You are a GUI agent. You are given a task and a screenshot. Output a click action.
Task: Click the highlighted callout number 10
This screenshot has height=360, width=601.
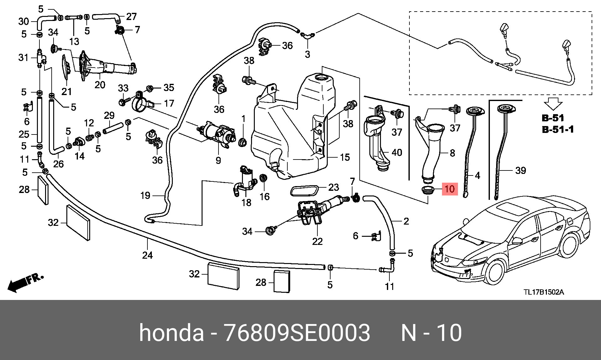pos(449,189)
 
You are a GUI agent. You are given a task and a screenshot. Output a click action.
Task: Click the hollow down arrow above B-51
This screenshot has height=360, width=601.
pos(553,104)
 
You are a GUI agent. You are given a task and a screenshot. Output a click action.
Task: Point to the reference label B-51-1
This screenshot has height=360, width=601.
pos(558,129)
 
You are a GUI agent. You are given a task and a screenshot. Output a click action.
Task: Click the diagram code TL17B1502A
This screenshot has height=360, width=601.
pos(544,292)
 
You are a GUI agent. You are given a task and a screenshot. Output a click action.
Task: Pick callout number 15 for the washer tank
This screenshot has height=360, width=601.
pos(345,157)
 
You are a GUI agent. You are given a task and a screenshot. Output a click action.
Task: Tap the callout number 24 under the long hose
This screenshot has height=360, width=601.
pos(147,255)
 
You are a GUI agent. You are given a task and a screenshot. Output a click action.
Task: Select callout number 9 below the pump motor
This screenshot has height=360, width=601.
pos(218,160)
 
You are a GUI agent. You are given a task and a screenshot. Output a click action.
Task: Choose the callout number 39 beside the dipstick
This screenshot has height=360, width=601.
pos(521,170)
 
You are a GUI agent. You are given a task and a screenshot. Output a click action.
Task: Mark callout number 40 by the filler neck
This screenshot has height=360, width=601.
pos(397,152)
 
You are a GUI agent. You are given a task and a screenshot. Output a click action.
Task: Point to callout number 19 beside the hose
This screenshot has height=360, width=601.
pos(145,195)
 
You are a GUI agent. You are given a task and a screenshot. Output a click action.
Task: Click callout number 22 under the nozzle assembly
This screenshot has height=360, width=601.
pos(317,241)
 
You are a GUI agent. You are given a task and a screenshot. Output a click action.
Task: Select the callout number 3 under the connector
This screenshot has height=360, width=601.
pos(307,54)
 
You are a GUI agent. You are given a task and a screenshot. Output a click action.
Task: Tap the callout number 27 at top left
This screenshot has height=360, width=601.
pos(131,16)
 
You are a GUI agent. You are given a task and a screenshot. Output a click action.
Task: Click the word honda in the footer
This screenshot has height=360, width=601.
pos(172,333)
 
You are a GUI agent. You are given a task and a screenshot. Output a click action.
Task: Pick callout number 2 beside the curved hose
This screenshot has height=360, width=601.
pos(406,221)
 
